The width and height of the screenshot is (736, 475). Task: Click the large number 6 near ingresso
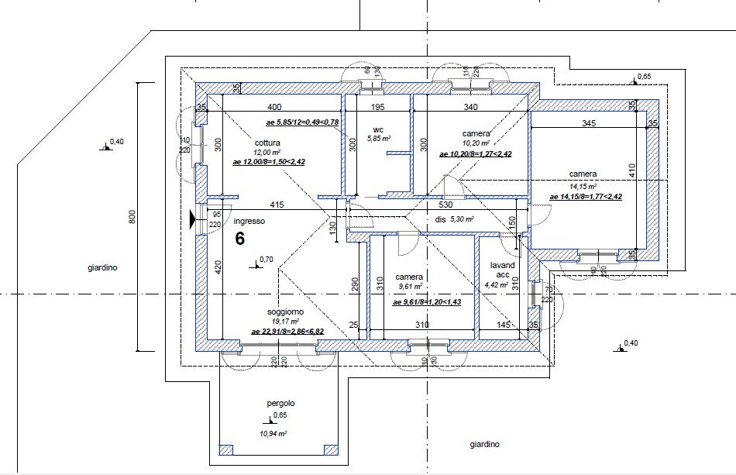[x=240, y=238]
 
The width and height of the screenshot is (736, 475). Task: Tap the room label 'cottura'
[x=267, y=143]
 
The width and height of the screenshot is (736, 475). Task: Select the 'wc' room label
[x=378, y=129]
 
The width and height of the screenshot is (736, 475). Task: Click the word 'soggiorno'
[x=286, y=311]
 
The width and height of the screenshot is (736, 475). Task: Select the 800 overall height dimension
[x=132, y=219]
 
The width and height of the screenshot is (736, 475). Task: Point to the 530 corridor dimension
[x=445, y=205]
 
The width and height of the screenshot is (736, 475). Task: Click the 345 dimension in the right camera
[x=588, y=123]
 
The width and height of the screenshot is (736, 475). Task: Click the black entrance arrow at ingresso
[x=193, y=220]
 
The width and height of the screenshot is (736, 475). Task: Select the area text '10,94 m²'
[x=273, y=434]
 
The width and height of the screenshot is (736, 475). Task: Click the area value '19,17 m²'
[x=286, y=321]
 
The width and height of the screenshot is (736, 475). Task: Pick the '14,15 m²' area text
[x=583, y=187]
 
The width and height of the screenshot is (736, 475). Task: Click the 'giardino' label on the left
[x=101, y=268]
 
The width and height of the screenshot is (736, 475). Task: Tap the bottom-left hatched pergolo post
[x=226, y=449]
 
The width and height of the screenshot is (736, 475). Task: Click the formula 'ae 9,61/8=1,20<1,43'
[x=427, y=302]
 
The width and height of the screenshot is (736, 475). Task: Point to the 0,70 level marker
[x=266, y=260]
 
